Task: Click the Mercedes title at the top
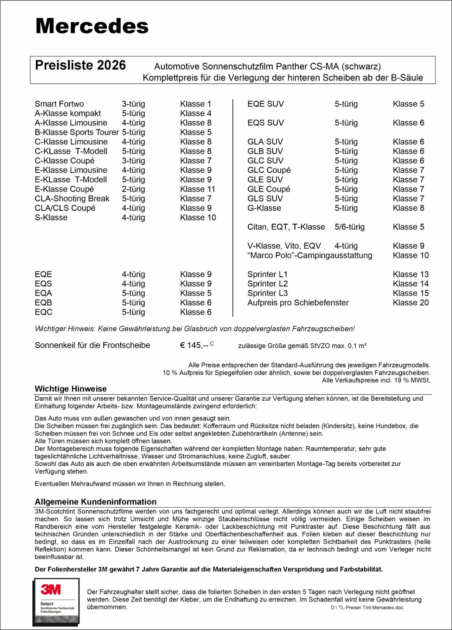tap(92, 26)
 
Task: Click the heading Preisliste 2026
tap(80, 65)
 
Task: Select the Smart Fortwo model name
tap(59, 104)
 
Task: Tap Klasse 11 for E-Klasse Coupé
tap(198, 189)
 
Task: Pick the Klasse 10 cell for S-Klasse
tap(198, 218)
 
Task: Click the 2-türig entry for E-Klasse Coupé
tap(133, 189)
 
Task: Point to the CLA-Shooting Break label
tap(72, 199)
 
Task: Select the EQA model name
tap(43, 293)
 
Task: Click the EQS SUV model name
tap(265, 123)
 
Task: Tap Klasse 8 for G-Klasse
tap(408, 208)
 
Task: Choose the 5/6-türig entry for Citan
tap(349, 227)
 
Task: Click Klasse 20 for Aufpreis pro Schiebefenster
tap(411, 303)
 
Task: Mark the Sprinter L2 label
tap(267, 284)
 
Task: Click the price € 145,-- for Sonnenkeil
tap(194, 345)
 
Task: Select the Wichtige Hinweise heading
tap(70, 389)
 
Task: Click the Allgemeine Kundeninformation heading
tap(95, 502)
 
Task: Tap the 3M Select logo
tap(56, 602)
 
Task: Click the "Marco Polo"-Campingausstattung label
tap(310, 256)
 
